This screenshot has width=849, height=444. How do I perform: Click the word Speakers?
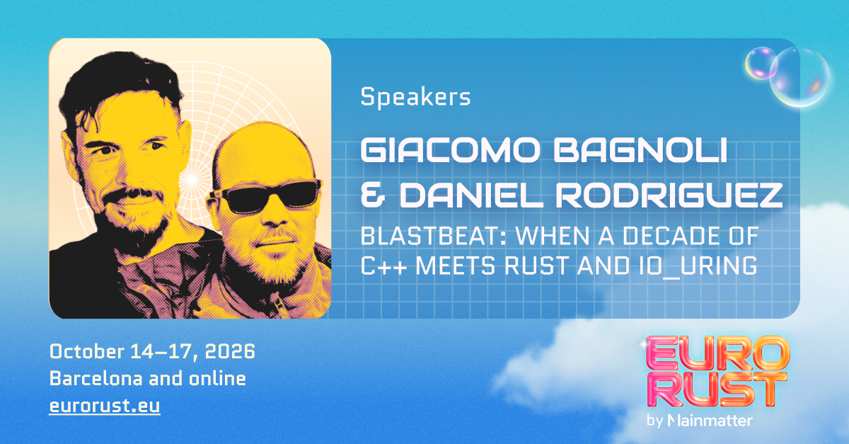(x=415, y=98)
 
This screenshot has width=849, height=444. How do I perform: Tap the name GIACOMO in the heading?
(x=450, y=150)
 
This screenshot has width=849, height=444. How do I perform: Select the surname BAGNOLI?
(x=640, y=150)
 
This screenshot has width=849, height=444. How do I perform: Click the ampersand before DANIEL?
(x=373, y=194)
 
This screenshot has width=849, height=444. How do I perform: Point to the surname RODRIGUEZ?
(x=669, y=194)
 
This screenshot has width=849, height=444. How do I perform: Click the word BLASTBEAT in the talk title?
(x=433, y=236)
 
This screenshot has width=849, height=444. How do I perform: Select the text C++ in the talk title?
(x=383, y=266)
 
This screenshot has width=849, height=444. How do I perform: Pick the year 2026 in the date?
(x=230, y=351)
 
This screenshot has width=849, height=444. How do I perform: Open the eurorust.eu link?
(x=105, y=406)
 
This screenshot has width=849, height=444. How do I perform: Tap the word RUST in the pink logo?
(x=715, y=389)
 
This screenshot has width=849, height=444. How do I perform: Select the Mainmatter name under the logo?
(x=710, y=421)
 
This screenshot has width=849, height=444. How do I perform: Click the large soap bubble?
(x=799, y=77)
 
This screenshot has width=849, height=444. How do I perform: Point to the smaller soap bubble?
(x=761, y=63)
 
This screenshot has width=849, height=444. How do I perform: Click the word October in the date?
(x=87, y=351)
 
